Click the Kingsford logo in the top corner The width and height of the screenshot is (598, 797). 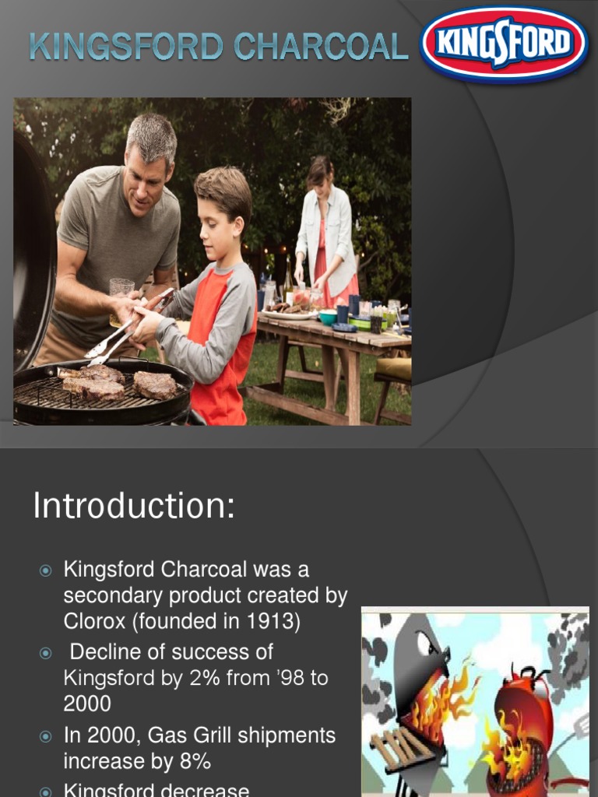505,44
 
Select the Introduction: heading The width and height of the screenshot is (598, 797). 133,507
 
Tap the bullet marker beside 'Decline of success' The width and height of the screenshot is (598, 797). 45,652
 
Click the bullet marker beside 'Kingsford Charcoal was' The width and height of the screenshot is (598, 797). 45,571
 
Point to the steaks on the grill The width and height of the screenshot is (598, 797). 117,381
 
